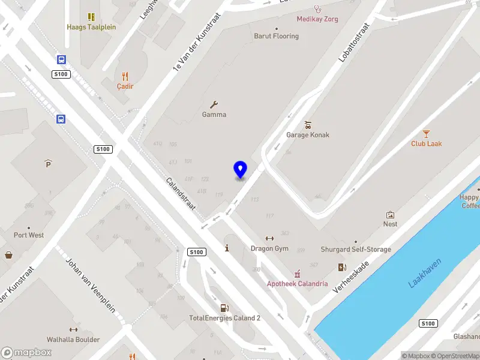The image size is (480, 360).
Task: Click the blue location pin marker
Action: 240,169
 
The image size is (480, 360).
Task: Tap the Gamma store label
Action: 214,115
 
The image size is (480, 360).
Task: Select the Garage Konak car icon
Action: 308,125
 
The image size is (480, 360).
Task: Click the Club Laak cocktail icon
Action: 427,133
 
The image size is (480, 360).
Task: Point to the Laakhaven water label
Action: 425,272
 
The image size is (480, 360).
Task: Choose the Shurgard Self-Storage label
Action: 356,250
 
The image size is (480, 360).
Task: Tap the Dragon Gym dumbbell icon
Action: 269,238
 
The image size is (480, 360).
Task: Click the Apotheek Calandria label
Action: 298,284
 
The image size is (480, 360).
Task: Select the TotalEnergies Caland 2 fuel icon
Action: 224,308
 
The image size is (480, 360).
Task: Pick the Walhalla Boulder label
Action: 74,340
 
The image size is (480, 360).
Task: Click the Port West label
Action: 29,235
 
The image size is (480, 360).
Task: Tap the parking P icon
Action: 49,163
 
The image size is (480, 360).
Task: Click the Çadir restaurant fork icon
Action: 125,76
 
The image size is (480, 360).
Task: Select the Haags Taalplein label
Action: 91,27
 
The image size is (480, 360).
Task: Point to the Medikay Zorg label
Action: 317,19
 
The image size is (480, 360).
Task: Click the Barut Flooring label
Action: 276,36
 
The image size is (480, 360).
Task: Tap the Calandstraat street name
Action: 181,193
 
